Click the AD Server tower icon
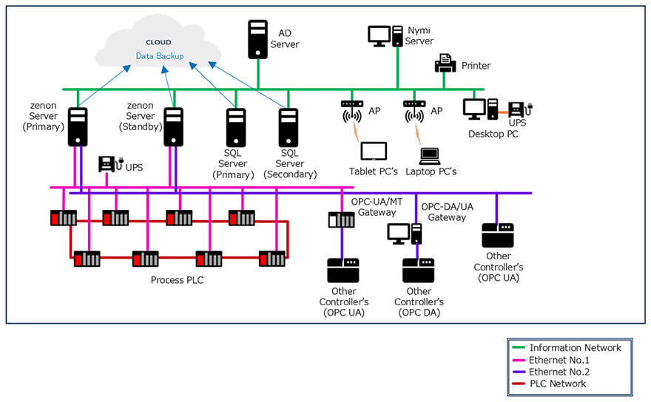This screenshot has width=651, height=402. click(258, 39)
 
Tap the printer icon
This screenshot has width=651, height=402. click(445, 64)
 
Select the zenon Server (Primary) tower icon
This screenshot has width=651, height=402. click(78, 127)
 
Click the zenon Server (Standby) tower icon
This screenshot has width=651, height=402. click(174, 127)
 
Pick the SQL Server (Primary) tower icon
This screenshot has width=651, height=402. click(236, 128)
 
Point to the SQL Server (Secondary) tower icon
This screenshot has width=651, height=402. click(289, 128)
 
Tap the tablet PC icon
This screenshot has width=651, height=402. click(374, 151)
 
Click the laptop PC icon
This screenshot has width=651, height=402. click(429, 156)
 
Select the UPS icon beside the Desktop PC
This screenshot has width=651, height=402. click(520, 109)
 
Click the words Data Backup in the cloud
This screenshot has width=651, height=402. click(160, 56)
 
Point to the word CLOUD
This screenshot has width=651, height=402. click(158, 42)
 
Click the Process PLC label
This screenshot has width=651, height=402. click(178, 280)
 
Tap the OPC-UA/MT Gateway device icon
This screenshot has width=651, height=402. click(341, 219)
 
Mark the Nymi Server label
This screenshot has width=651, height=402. click(419, 35)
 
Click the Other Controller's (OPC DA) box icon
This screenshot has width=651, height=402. click(418, 270)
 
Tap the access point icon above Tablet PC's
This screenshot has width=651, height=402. click(352, 111)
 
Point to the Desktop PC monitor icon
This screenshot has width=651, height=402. click(474, 109)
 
